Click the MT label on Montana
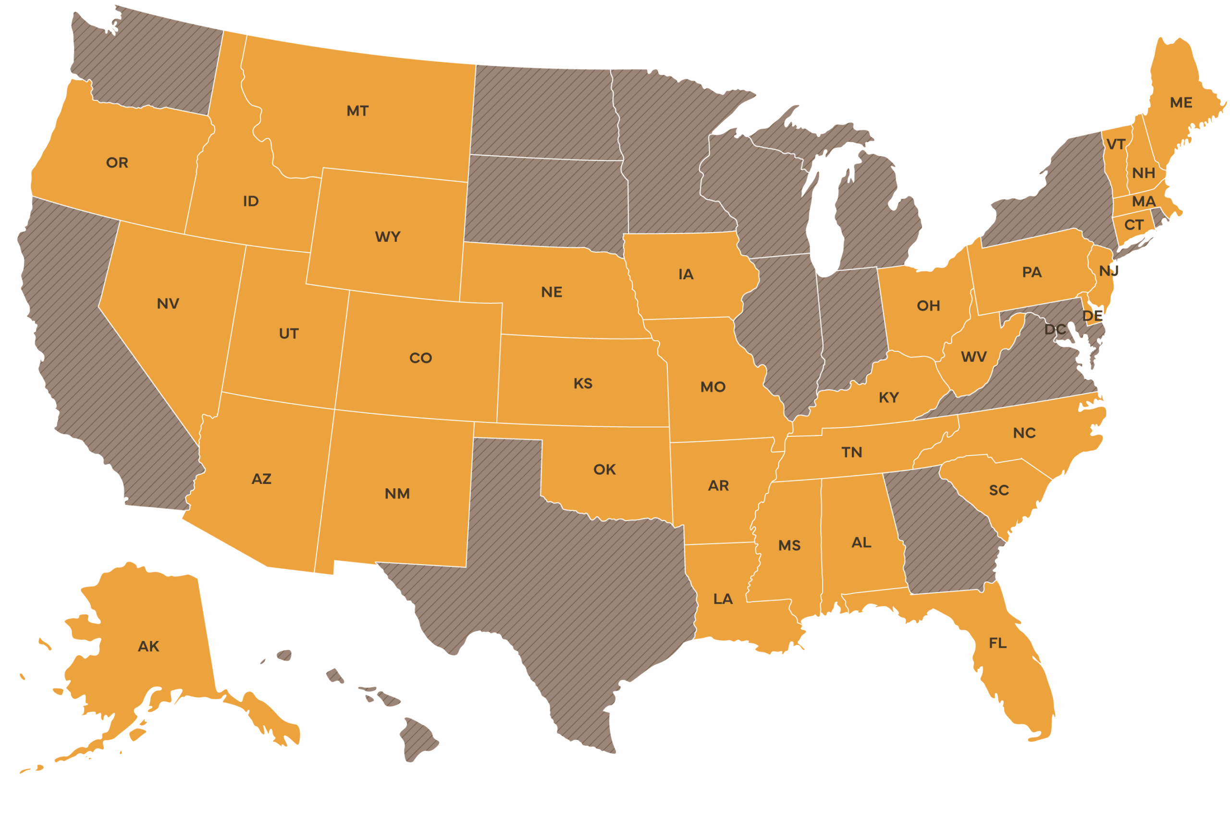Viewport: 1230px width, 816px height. coord(357,111)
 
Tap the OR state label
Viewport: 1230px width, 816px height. coord(117,163)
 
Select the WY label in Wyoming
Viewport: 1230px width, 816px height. coord(388,237)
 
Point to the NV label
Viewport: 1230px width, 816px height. coord(168,303)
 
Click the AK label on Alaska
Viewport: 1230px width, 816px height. coord(148,646)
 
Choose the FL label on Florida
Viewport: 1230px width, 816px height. coord(997,643)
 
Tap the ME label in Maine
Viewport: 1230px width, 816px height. coord(1181,102)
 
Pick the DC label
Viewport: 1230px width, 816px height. coord(1055,329)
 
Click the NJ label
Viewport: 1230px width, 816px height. coord(1108,271)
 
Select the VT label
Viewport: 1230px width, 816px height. coord(1116,144)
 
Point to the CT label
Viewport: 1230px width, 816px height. coord(1134,225)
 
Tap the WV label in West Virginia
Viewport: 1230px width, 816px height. coord(973,357)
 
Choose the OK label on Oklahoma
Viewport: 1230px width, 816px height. coord(604,470)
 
